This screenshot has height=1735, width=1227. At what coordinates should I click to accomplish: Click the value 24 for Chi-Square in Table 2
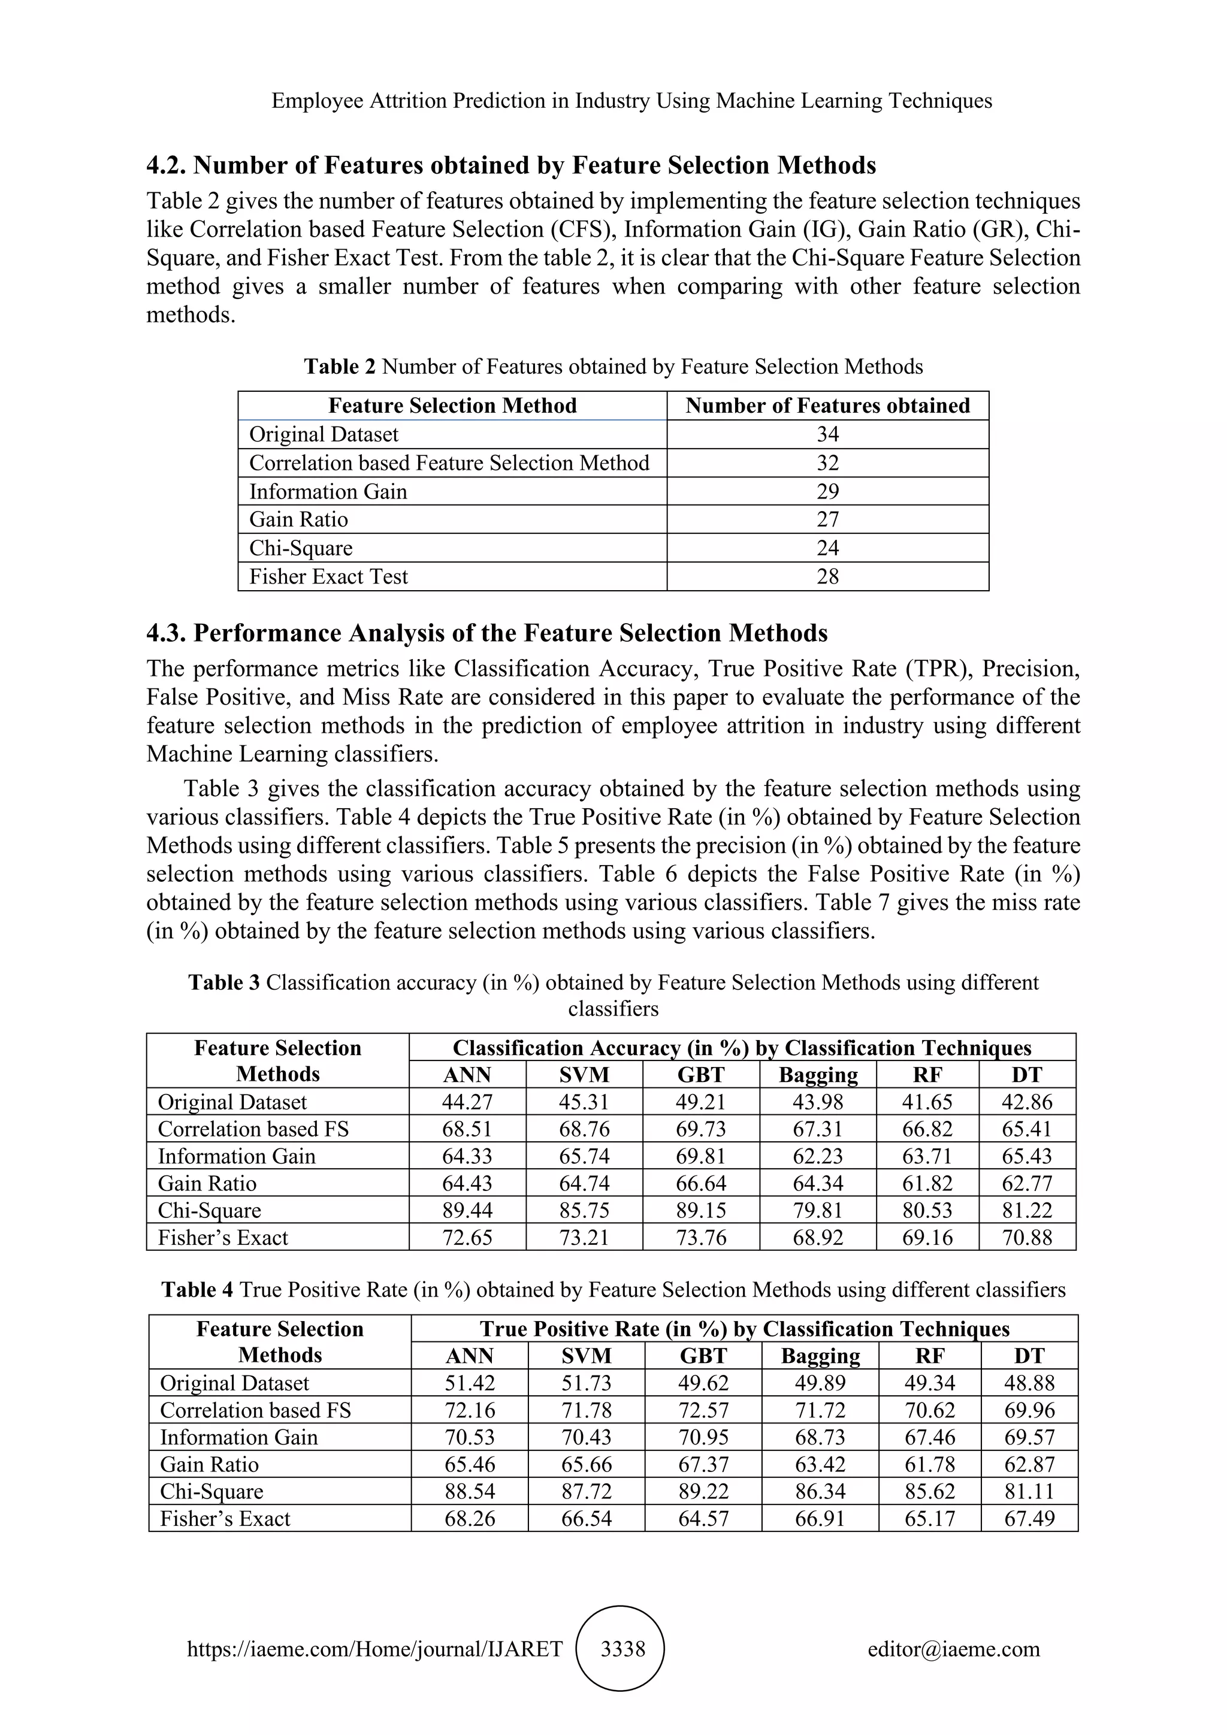pos(827,548)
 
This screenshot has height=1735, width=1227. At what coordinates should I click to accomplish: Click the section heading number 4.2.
pos(166,165)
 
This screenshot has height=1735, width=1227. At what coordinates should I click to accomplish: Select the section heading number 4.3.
pos(166,633)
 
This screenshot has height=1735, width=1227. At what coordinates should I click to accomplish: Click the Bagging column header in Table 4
pos(821,1356)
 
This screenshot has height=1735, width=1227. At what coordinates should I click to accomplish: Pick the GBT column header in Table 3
pos(701,1075)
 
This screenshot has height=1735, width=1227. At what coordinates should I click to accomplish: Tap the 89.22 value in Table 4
pos(703,1491)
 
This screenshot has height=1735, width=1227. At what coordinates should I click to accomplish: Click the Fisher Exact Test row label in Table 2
pos(329,576)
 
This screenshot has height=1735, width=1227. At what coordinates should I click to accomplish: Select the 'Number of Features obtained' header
pos(827,406)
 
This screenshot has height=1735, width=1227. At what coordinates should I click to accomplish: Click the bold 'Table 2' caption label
pos(339,367)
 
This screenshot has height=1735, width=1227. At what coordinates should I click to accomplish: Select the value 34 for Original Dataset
pos(827,434)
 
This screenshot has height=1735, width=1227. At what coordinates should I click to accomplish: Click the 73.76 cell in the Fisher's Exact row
pos(701,1237)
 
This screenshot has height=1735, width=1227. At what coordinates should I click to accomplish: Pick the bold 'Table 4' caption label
pos(197,1289)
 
